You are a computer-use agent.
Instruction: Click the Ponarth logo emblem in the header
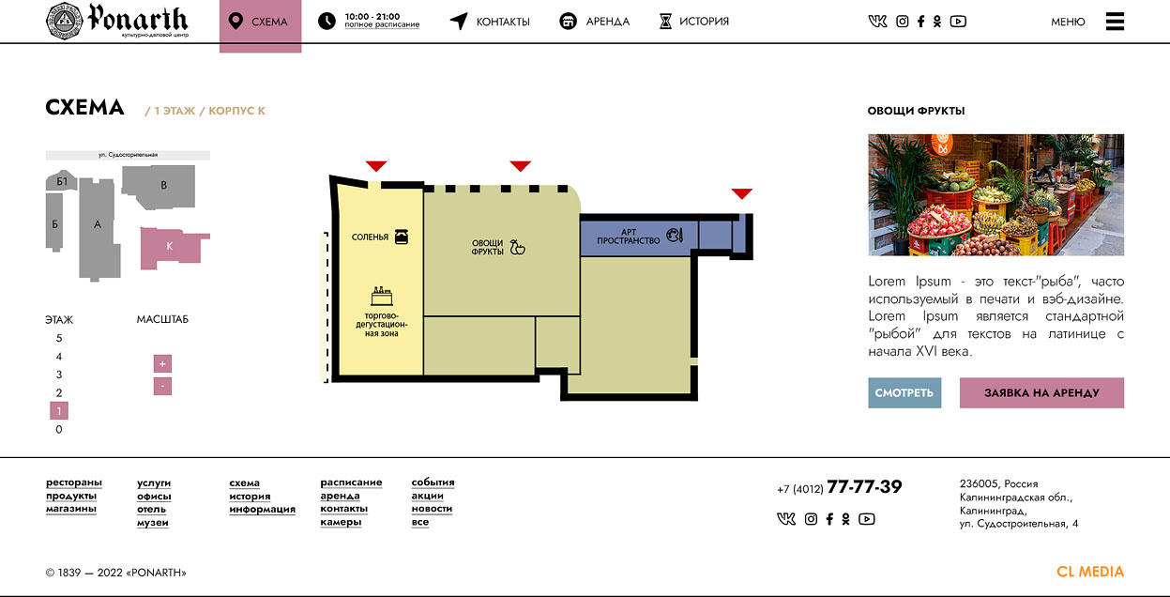[x=64, y=21]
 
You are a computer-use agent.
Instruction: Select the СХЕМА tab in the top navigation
[x=260, y=24]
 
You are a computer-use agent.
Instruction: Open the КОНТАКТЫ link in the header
[x=490, y=22]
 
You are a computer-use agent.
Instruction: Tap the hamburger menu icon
[x=1115, y=22]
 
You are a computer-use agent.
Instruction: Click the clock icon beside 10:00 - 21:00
[x=327, y=21]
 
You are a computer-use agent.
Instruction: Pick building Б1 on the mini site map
[x=62, y=180]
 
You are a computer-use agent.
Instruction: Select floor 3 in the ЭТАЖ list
[x=59, y=375]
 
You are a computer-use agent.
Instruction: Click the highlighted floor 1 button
[x=59, y=411]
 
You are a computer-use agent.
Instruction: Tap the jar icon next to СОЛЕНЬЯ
[x=402, y=237]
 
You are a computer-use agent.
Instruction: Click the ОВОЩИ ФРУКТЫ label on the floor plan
[x=487, y=247]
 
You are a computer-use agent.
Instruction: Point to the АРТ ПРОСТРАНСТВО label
[x=628, y=237]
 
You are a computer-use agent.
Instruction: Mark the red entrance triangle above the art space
[x=742, y=193]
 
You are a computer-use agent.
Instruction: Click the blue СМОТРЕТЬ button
[x=904, y=392]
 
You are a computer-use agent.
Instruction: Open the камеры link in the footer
[x=341, y=522]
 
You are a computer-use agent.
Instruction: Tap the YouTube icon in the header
[x=958, y=22]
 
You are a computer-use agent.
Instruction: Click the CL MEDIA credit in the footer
[x=1090, y=572]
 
